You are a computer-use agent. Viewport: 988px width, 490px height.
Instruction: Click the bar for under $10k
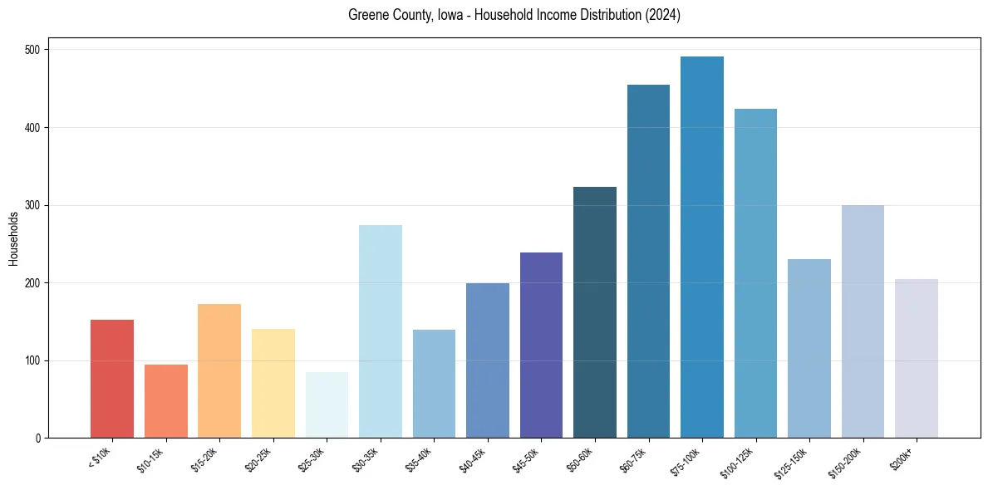(112, 379)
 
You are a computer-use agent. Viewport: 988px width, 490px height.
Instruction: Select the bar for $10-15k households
(165, 401)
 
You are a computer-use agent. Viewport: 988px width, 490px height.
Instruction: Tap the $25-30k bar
(327, 405)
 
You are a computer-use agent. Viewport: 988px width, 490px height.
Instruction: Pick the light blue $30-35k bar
(381, 331)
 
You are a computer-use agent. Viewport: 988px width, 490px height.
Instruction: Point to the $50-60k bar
(595, 312)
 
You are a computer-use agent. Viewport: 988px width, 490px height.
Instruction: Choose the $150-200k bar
(863, 321)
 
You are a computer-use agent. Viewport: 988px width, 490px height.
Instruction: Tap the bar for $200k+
(917, 359)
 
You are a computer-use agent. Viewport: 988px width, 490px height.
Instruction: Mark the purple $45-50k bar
(541, 345)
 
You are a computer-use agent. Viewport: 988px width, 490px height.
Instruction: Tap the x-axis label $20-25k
(259, 460)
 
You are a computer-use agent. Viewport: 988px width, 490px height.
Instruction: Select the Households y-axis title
(14, 238)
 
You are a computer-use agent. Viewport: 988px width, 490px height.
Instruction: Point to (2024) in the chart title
(663, 15)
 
